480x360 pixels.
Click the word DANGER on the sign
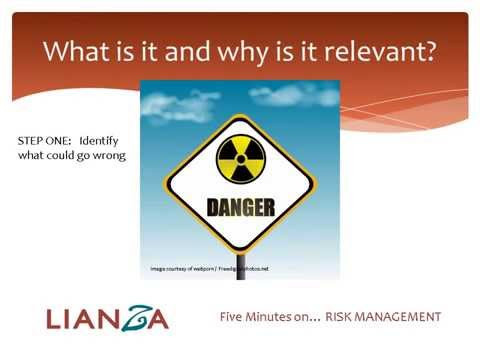pyautogui.click(x=240, y=208)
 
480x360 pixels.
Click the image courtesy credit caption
pyautogui.click(x=209, y=269)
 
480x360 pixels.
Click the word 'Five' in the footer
pyautogui.click(x=233, y=317)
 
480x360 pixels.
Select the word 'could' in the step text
pyautogui.click(x=68, y=155)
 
